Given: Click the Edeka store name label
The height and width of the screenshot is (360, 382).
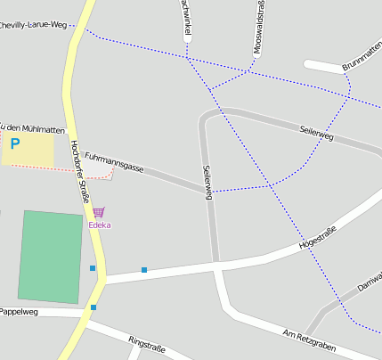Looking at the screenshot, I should [100, 225].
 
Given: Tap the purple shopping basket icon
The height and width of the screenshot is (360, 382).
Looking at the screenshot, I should [99, 212].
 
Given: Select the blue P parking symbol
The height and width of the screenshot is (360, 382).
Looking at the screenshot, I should [14, 143].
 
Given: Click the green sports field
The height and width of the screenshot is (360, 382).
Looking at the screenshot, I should [52, 257].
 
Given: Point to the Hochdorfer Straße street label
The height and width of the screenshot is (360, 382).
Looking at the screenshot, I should [79, 171].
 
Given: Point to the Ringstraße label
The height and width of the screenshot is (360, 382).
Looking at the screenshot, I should [148, 345].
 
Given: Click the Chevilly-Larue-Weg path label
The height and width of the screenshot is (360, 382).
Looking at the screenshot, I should [34, 26].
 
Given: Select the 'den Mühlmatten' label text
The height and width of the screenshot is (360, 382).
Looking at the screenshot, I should [34, 127].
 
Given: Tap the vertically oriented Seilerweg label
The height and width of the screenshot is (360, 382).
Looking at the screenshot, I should [207, 183].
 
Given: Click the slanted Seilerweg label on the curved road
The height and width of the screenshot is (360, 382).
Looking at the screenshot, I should [316, 133].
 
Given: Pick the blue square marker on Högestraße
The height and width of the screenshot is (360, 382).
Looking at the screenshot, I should [143, 269].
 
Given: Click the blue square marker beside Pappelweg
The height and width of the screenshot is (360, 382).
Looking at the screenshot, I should [93, 307].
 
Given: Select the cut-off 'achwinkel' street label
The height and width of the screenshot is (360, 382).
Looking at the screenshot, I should [186, 18].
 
